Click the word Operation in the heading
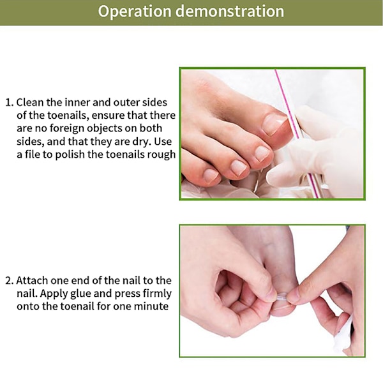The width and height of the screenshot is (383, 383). pos(135,11)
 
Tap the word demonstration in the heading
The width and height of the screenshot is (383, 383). pos(230,11)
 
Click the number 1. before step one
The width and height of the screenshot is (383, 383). pos(10,103)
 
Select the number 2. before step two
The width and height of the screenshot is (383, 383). pos(10,281)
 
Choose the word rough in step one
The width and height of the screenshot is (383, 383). pos(161,155)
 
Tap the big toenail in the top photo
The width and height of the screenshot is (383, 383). pos(274,124)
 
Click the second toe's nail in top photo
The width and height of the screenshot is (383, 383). pos(263,154)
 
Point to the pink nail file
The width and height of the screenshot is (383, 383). pos(297,133)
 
